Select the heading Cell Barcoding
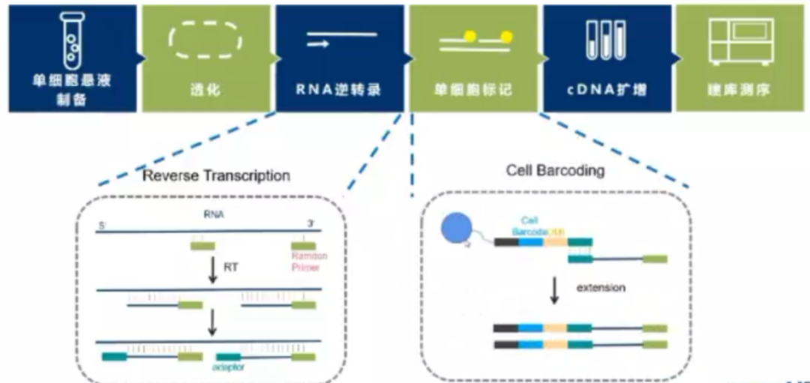[555, 170]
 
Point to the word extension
[601, 288]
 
